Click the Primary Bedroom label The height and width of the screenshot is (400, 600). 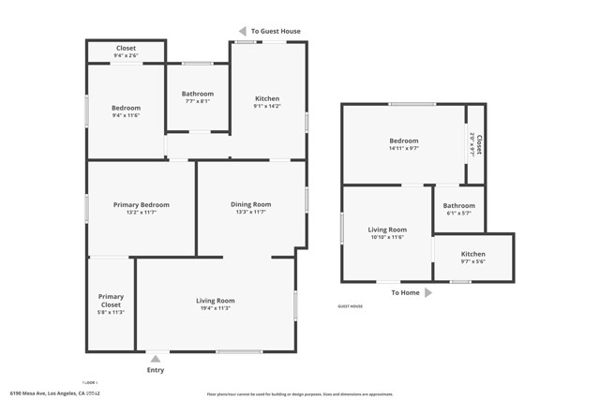click(141, 204)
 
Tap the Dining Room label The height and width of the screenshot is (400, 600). click(250, 204)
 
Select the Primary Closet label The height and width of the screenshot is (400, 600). click(111, 301)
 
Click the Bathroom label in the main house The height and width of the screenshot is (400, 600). click(198, 94)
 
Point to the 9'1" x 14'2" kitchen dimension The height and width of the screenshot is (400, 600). click(267, 107)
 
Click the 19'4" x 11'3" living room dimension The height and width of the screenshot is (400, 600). click(215, 308)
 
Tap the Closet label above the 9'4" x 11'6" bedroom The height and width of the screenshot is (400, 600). click(126, 48)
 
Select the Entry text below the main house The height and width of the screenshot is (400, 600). click(156, 370)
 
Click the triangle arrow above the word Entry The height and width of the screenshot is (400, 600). click(156, 359)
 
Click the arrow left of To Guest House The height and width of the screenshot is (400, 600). click(242, 31)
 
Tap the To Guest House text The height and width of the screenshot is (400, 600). click(277, 31)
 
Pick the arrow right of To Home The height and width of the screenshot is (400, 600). click(428, 292)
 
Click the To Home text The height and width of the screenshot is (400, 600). click(405, 292)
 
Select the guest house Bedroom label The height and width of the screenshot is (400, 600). click(404, 141)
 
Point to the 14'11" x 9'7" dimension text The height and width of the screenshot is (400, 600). click(404, 148)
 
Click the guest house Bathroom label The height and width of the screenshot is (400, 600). click(458, 205)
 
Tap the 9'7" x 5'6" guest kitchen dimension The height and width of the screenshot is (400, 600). click(472, 261)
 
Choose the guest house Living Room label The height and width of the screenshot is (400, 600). click(386, 230)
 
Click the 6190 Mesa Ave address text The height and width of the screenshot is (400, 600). click(55, 393)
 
